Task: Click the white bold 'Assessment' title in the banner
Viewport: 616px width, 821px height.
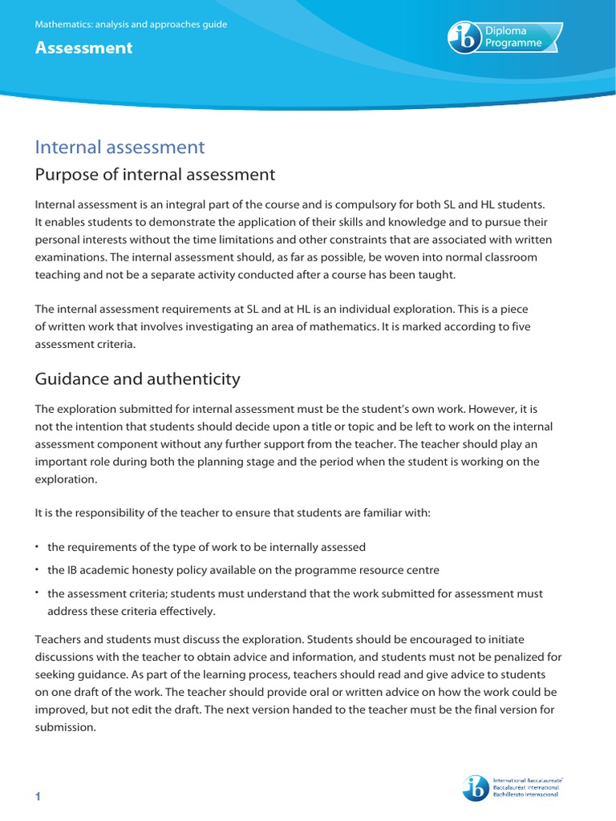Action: click(83, 48)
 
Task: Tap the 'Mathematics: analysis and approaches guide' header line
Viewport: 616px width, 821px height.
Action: click(131, 25)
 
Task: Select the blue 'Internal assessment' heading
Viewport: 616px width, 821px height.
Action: click(120, 148)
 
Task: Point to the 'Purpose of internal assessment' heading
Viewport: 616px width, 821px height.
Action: click(155, 175)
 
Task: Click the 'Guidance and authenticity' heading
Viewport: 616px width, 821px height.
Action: click(137, 378)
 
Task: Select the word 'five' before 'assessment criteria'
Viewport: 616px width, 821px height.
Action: click(519, 326)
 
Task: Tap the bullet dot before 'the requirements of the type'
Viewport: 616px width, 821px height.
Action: click(37, 546)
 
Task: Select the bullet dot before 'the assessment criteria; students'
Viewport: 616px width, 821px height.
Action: click(37, 592)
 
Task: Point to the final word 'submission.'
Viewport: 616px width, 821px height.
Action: click(65, 726)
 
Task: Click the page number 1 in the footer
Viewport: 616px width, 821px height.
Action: click(38, 795)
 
